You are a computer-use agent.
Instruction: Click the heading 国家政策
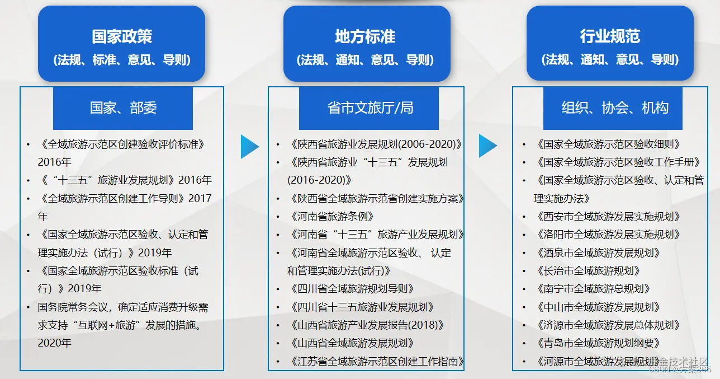click(x=122, y=37)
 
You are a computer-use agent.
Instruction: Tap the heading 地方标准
click(x=365, y=37)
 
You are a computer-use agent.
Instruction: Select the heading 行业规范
click(x=610, y=37)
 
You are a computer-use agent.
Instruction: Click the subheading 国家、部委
click(x=123, y=108)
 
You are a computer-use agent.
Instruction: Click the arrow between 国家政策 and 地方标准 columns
click(x=249, y=147)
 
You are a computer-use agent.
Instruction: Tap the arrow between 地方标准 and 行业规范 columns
click(x=487, y=146)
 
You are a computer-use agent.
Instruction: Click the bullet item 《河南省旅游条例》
click(x=332, y=217)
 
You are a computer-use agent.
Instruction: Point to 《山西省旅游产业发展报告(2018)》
click(x=368, y=325)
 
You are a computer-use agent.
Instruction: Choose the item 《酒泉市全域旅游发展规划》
click(x=598, y=253)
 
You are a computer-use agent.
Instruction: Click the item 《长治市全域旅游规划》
click(x=588, y=271)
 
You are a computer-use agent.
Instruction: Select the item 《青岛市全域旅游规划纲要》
click(x=598, y=343)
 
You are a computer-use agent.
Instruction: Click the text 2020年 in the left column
click(x=54, y=343)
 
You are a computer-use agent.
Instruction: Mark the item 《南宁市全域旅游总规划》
click(x=593, y=289)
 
